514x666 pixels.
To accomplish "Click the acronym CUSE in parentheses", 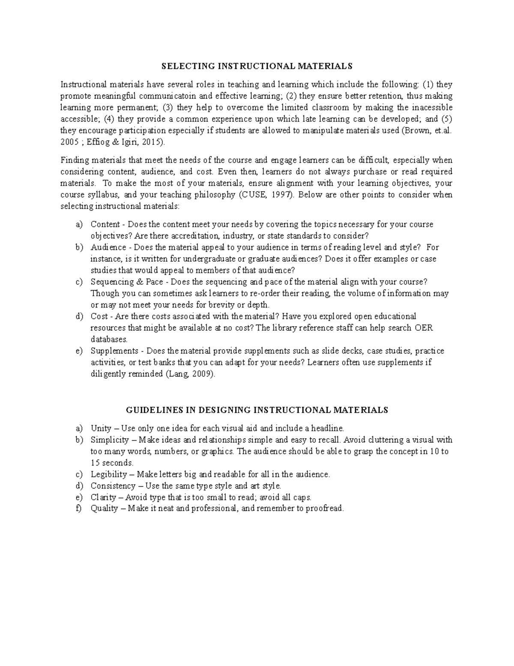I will coord(260,195).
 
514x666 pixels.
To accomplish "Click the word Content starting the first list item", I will coord(105,224).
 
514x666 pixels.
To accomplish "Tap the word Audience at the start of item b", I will coord(108,247).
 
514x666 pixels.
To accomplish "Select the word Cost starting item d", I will coord(99,316).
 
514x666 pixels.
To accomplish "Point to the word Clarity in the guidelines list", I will coord(103,497).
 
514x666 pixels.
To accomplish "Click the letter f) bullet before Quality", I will coord(78,509).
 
